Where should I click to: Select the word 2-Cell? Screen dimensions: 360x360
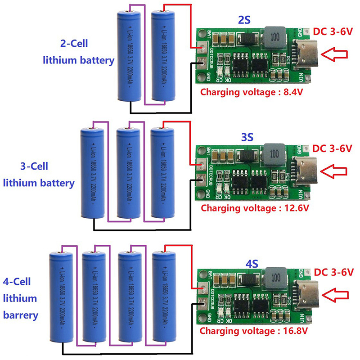(74, 44)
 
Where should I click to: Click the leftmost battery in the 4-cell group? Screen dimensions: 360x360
(61, 297)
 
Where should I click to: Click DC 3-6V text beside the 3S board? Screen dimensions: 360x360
(332, 148)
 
